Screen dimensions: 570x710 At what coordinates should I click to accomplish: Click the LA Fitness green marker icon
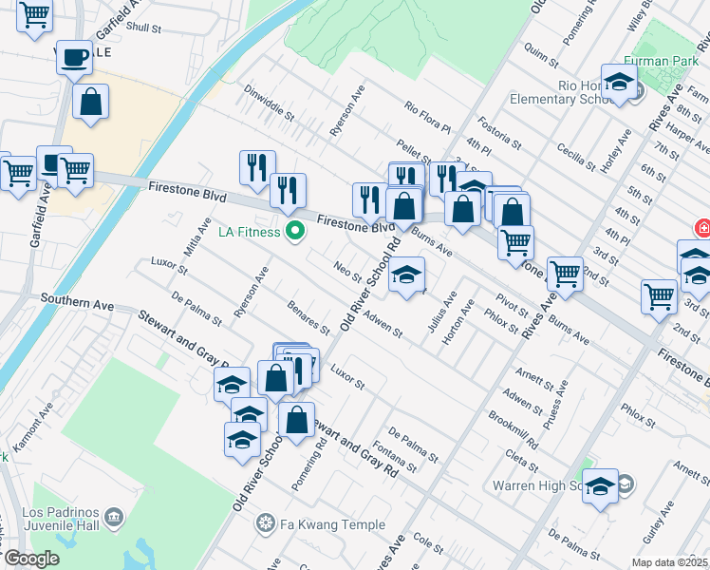tap(295, 231)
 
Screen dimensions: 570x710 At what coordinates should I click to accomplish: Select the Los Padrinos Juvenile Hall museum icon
tap(114, 518)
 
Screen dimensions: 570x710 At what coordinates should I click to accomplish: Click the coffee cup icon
tap(73, 59)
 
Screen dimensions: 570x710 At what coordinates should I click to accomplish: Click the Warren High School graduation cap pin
tap(600, 487)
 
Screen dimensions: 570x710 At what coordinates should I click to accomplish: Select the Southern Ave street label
tap(77, 305)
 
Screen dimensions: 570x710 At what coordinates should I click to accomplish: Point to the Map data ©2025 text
tap(670, 562)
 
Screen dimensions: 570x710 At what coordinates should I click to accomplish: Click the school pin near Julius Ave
tap(406, 276)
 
